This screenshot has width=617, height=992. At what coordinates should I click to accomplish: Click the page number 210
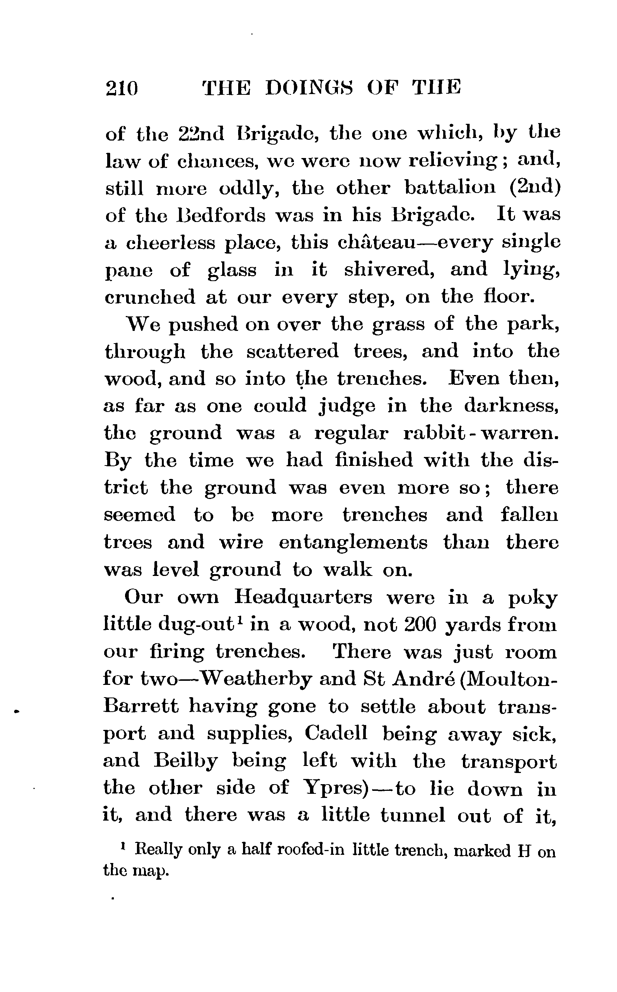point(122,88)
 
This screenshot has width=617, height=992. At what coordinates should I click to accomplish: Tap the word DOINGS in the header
point(309,88)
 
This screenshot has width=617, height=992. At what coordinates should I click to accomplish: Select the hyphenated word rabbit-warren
point(480,434)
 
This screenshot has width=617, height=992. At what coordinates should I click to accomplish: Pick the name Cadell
point(336,734)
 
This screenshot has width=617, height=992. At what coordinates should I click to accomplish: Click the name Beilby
point(186,761)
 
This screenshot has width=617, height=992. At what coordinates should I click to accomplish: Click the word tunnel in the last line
point(413,815)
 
